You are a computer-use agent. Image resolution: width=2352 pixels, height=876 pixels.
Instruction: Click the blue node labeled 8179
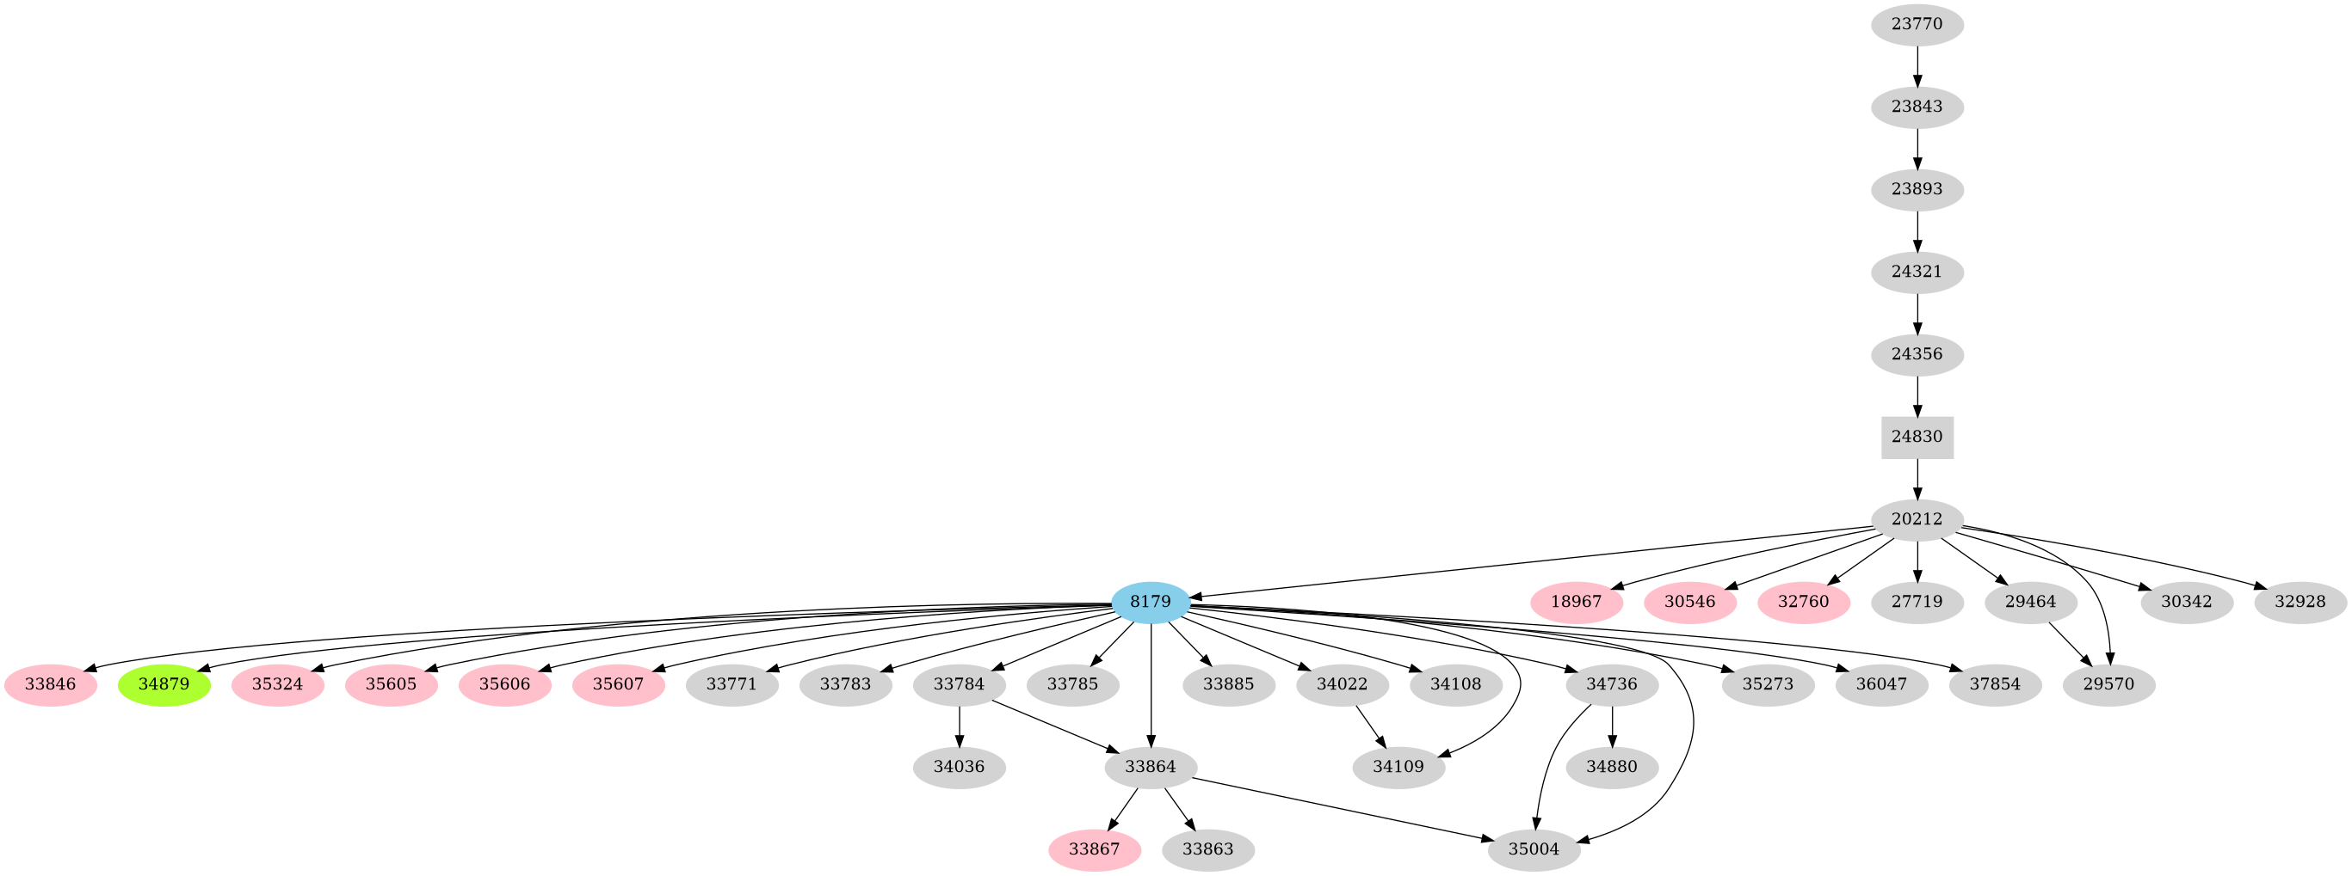point(1151,603)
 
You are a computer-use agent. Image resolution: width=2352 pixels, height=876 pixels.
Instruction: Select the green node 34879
point(164,684)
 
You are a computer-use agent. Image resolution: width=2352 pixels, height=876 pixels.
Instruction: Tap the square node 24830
point(1917,437)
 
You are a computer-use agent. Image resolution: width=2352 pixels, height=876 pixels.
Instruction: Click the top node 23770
point(1917,25)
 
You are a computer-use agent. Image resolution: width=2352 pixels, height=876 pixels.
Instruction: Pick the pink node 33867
point(1095,849)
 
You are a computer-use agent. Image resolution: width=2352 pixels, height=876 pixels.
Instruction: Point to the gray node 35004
point(1534,849)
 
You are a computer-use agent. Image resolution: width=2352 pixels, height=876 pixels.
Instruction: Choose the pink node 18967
point(1577,603)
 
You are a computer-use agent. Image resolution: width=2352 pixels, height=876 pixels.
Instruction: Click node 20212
point(1917,519)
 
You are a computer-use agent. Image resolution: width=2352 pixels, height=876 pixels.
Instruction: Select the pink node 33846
point(50,684)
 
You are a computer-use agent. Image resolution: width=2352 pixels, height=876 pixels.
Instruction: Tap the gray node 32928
point(2301,603)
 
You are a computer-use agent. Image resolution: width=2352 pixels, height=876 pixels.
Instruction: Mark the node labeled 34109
point(1398,768)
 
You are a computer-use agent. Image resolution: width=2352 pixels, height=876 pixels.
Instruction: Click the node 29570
point(2109,684)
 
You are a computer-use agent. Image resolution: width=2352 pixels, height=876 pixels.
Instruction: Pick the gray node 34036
point(960,768)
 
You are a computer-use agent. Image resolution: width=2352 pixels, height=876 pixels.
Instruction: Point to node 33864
point(1151,768)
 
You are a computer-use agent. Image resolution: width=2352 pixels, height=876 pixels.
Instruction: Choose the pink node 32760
point(1803,603)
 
